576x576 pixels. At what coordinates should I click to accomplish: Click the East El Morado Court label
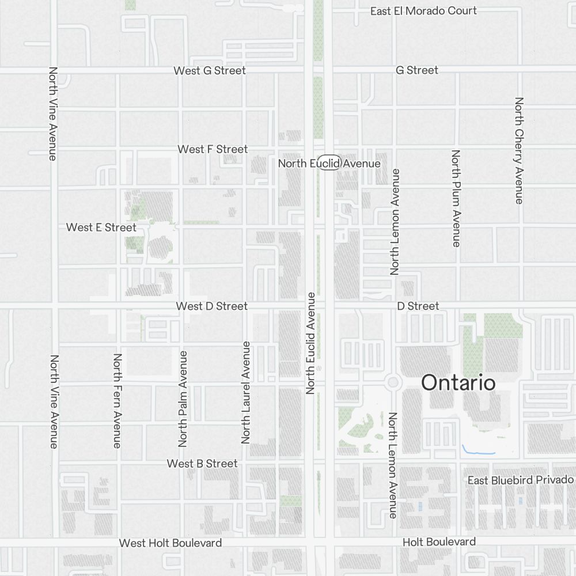coord(423,11)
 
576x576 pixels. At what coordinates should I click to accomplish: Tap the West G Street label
coord(210,70)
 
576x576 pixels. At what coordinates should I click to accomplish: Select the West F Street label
coord(213,149)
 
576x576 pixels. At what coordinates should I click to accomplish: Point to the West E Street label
coord(101,227)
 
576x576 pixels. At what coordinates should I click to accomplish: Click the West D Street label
coord(211,306)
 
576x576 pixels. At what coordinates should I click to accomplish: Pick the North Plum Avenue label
coord(456,199)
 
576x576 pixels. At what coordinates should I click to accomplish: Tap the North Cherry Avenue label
coord(519,150)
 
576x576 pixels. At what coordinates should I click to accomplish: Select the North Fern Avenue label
coord(117,400)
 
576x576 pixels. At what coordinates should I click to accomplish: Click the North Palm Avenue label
coord(183,399)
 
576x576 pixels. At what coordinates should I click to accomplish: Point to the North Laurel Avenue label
coord(246,392)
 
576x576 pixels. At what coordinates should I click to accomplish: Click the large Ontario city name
coord(458,382)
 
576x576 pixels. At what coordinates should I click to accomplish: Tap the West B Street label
coord(202,464)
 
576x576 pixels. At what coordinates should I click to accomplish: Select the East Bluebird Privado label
coord(520,480)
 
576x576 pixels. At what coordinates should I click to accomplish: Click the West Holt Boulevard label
coord(170,543)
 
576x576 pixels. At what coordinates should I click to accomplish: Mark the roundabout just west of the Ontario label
coord(393,381)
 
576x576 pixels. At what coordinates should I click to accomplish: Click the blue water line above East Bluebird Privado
coord(478,452)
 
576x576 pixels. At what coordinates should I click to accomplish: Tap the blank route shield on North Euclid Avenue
coord(329,163)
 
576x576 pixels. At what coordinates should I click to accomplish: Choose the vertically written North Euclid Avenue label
coord(311,343)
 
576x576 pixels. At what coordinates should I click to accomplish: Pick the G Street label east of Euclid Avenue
coord(417,70)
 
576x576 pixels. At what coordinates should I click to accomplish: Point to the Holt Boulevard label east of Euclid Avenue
coord(439,541)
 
